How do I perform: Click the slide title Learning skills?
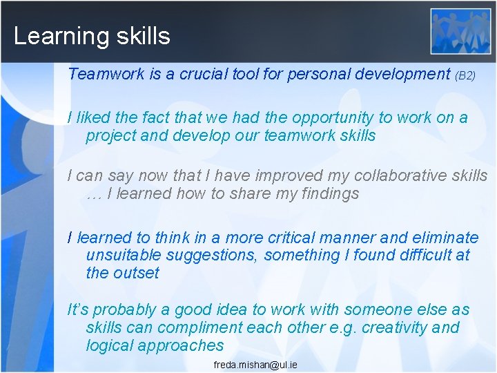92,36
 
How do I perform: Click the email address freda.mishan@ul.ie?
255,364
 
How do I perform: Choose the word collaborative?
355,176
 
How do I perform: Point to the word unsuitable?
121,256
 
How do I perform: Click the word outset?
136,273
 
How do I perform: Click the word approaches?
182,345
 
